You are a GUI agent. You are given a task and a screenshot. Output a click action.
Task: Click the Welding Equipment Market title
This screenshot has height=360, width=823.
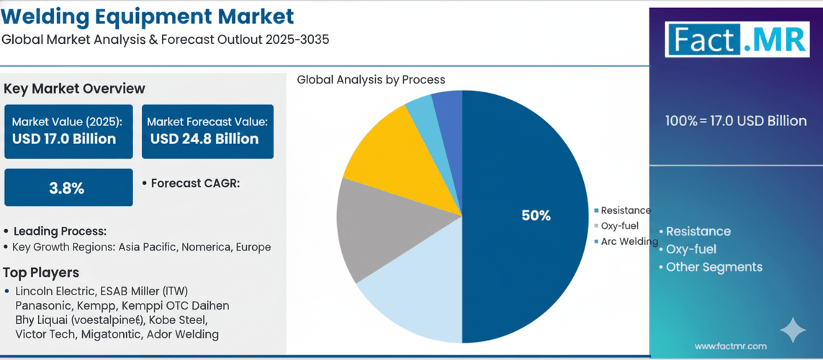(148, 16)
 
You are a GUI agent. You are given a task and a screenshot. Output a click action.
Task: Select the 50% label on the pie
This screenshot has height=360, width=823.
(536, 215)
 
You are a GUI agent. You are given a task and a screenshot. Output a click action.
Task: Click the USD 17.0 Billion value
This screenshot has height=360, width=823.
(64, 139)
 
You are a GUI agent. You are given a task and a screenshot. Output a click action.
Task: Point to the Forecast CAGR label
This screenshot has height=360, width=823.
(195, 184)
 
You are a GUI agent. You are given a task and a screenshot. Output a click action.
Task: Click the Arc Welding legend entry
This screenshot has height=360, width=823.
(629, 242)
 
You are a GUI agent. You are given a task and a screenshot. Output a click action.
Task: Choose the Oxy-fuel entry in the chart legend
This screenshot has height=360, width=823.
(620, 226)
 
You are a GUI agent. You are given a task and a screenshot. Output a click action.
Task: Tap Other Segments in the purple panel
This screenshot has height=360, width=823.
(714, 267)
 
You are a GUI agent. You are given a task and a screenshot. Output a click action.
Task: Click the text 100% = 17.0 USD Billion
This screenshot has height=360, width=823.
(736, 121)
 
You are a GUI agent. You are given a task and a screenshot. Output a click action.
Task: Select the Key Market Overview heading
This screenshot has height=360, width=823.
(74, 89)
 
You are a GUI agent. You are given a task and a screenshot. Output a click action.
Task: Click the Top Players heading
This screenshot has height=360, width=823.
(41, 273)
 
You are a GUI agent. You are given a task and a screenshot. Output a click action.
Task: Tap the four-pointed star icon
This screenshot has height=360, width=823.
(793, 330)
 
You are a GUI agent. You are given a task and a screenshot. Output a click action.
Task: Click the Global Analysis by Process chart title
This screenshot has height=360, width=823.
(371, 80)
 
